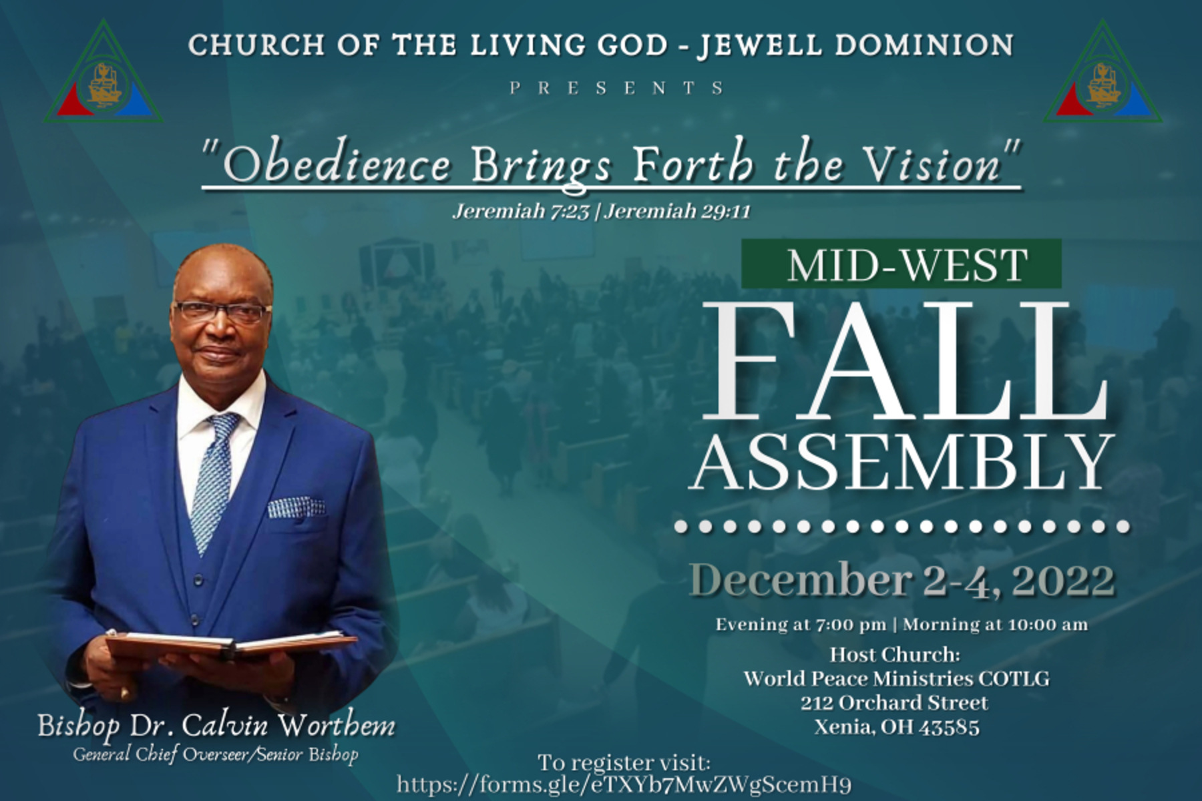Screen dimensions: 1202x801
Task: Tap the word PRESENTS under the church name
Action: tap(617, 88)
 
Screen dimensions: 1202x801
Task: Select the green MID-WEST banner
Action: tap(901, 264)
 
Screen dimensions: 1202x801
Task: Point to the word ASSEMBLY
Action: tap(902, 463)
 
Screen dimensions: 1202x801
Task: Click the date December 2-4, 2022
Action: tap(901, 579)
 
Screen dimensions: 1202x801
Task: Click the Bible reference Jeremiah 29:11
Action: tap(678, 212)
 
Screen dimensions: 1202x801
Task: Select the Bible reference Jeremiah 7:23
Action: tap(521, 212)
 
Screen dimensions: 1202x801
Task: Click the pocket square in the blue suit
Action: tap(296, 508)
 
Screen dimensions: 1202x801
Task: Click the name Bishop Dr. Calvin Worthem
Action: tap(216, 726)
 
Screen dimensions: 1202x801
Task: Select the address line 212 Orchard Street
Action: tap(895, 703)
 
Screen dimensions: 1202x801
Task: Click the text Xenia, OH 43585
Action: tap(896, 727)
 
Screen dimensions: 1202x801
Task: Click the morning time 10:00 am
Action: tap(1048, 625)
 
